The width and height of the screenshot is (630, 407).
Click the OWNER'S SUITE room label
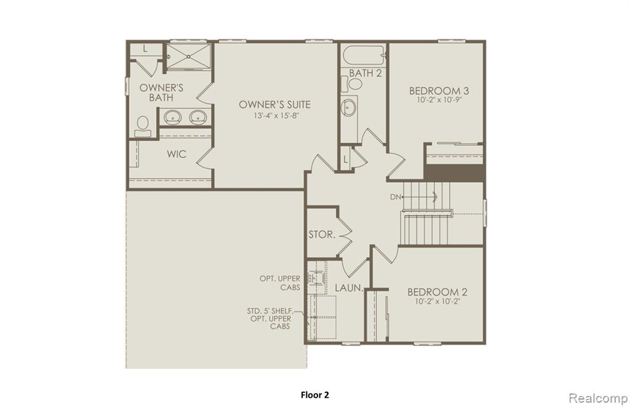[x=274, y=105]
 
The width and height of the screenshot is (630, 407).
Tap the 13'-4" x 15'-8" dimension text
[x=276, y=116]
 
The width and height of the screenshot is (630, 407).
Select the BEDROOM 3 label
[x=439, y=91]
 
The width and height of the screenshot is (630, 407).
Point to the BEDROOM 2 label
[x=437, y=292]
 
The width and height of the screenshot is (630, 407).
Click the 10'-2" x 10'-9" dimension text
[x=439, y=100]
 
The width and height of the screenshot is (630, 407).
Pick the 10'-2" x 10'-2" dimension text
[x=437, y=301]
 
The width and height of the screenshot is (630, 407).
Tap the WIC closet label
[x=177, y=154]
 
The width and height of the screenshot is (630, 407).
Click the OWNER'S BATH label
[x=161, y=92]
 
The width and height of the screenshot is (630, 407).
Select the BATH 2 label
[x=365, y=73]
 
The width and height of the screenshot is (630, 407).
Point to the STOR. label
[x=322, y=235]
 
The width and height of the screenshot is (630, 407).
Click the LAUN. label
[x=349, y=288]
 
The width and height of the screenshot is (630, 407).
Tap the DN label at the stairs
[x=396, y=197]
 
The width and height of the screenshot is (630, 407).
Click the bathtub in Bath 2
[x=364, y=56]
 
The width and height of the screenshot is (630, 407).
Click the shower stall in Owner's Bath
[x=189, y=57]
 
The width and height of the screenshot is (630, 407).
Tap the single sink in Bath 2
[x=348, y=108]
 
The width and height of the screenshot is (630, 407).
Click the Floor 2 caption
[x=315, y=395]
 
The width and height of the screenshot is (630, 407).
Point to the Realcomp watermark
[x=598, y=398]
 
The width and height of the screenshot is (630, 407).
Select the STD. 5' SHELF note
[x=269, y=311]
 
